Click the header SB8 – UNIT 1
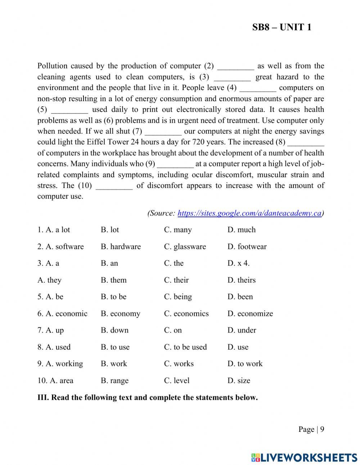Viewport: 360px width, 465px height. click(282, 27)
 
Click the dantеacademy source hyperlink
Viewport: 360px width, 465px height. click(249, 213)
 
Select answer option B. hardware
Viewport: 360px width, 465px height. click(121, 247)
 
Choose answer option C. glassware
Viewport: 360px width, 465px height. click(185, 247)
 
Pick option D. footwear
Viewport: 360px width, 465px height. click(247, 247)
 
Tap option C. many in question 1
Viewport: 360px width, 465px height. click(178, 230)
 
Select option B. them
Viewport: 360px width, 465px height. click(113, 280)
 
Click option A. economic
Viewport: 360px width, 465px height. click(62, 314)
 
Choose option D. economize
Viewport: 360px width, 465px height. click(250, 314)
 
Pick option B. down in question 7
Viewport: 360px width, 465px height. click(114, 330)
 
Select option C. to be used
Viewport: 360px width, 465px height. click(185, 347)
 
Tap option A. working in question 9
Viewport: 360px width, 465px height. click(60, 364)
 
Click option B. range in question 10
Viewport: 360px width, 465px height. click(114, 381)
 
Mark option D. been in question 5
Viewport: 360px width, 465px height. click(240, 297)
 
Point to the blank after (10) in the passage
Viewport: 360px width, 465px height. click(114, 186)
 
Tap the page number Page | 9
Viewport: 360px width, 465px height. click(311, 429)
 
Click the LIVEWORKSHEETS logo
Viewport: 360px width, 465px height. click(304, 457)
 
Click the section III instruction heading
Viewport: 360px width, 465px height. click(148, 398)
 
